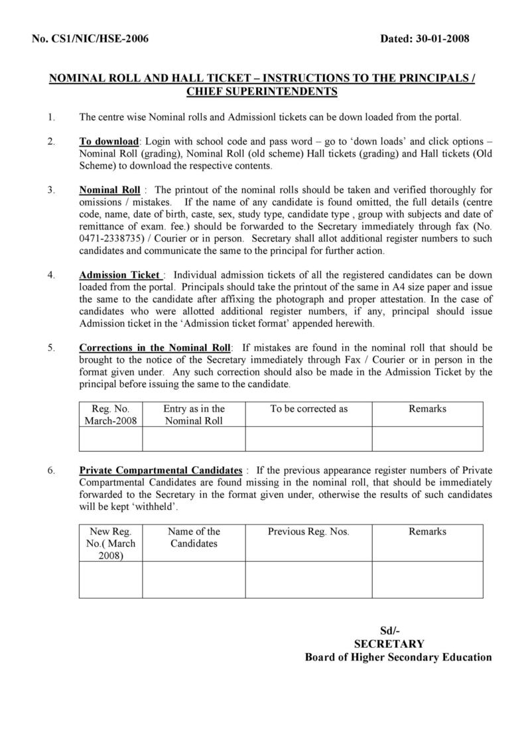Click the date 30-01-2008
pos(446,38)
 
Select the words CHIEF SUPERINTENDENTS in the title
pos(262,91)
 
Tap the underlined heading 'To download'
pos(109,141)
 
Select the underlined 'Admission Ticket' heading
pos(120,275)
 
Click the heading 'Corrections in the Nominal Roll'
pos(155,347)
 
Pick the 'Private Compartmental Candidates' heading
pos(161,470)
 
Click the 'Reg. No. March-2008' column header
pos(110,414)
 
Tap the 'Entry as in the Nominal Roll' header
pos(194,414)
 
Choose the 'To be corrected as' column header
pos(308,409)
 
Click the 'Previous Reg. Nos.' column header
pos(308,532)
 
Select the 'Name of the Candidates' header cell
pos(194,537)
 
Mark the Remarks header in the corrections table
pos(427,409)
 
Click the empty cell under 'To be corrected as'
pos(308,439)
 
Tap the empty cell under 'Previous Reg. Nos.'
pos(308,580)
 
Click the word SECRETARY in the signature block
pos(389,644)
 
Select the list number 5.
pos(51,347)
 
